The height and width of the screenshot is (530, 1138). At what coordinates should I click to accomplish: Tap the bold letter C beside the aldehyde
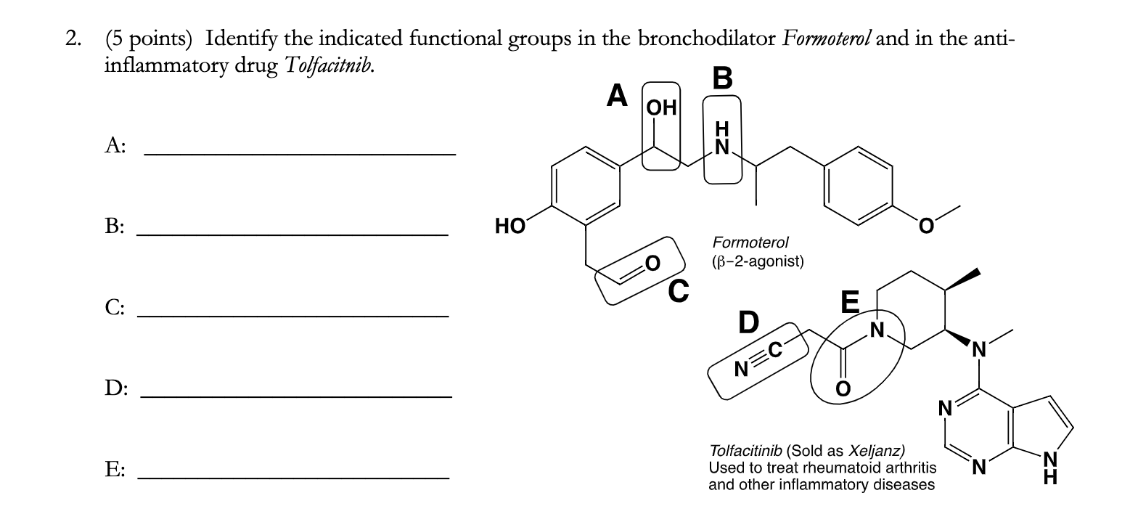[x=678, y=291]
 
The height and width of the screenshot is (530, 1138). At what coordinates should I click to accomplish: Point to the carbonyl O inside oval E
[x=843, y=390]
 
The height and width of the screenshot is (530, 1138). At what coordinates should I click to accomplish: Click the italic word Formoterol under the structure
[x=750, y=242]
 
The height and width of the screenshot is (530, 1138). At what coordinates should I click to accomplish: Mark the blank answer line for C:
[x=293, y=315]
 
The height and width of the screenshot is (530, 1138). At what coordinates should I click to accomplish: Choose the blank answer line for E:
[x=293, y=477]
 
